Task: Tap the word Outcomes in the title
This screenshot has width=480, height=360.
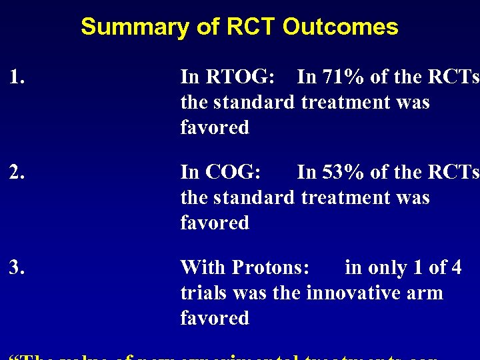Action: pyautogui.click(x=340, y=27)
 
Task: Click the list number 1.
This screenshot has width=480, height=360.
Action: pyautogui.click(x=17, y=78)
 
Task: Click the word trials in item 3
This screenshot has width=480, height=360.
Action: pyautogui.click(x=203, y=293)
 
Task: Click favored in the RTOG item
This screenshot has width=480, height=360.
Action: pyautogui.click(x=215, y=127)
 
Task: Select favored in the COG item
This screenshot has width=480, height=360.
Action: pyautogui.click(x=215, y=223)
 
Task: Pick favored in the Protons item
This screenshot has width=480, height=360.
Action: pyautogui.click(x=215, y=318)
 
